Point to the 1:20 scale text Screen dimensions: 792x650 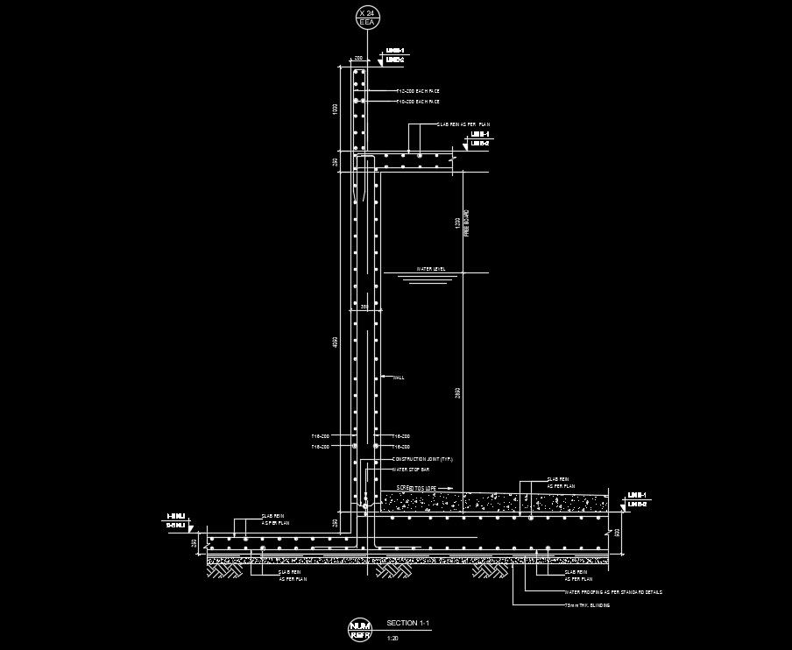tap(392, 637)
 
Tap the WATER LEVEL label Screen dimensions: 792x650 tap(431, 269)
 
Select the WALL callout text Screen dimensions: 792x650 tap(399, 378)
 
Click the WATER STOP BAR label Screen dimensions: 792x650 tap(411, 470)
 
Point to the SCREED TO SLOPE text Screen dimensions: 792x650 tap(416, 487)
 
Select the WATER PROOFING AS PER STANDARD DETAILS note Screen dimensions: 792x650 tap(613, 592)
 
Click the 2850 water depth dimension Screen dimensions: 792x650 tap(456, 395)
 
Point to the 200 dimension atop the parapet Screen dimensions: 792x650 tap(358, 58)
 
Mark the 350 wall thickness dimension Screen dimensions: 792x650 tap(364, 307)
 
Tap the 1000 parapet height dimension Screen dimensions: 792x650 tap(334, 109)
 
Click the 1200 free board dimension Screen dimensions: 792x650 tap(456, 223)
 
